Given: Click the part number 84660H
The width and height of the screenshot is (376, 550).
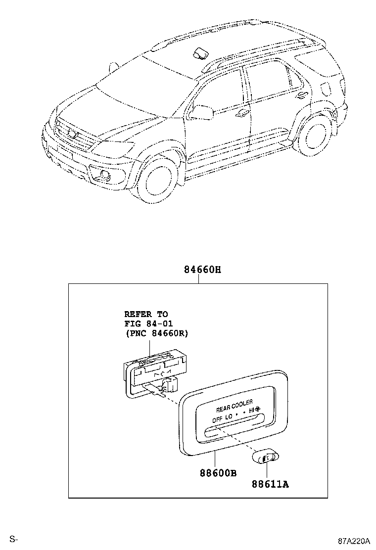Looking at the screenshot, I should click(x=202, y=270).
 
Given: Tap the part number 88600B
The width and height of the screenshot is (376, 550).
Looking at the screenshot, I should click(x=218, y=473).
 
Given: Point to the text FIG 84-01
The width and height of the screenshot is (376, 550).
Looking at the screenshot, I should click(x=148, y=323).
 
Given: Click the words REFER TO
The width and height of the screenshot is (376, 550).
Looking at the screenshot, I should click(x=145, y=314).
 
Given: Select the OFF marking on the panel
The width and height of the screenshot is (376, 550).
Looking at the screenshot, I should click(x=217, y=419).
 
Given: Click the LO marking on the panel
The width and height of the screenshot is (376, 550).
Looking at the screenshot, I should click(x=229, y=417).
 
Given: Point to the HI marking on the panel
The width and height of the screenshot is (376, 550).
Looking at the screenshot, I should click(x=252, y=410).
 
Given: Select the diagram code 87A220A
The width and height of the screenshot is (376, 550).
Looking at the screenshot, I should click(x=355, y=540).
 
